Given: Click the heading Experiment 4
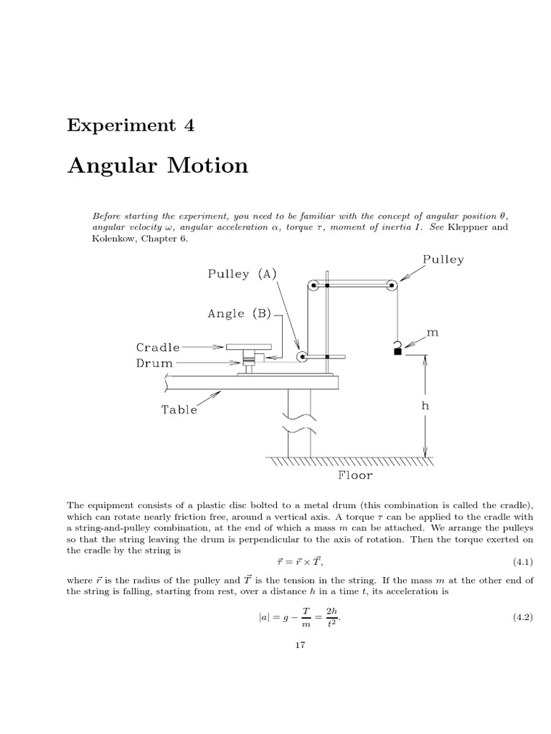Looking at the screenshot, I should tap(131, 125).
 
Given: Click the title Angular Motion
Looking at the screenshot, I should tap(158, 166).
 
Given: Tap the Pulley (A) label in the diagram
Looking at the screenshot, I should tap(241, 273).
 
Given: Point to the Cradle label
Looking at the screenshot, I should tap(158, 347).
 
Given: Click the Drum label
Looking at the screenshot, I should tap(155, 363).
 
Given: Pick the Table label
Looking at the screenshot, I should tap(179, 410).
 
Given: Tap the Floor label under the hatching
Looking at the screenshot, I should tap(355, 474).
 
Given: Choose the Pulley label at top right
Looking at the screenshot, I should tap(443, 259).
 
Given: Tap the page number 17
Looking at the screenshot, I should tap(300, 645).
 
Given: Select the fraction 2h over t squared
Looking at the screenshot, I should tap(331, 616).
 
